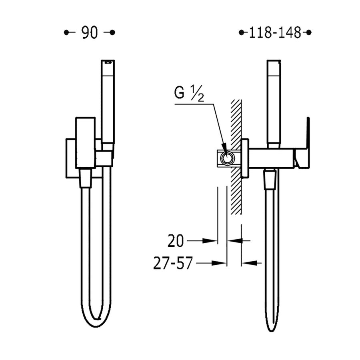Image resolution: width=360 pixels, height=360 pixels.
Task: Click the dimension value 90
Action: point(90,33)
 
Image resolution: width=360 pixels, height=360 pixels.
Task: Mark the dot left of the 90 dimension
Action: point(66,33)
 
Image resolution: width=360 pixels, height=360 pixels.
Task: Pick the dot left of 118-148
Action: point(240,33)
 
